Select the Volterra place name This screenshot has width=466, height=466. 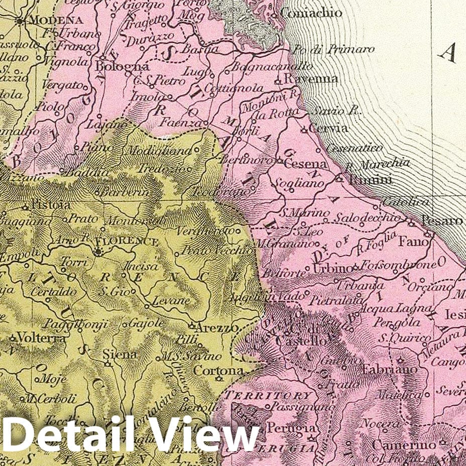pyautogui.click(x=41, y=339)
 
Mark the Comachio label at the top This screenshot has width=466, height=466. pyautogui.click(x=313, y=14)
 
